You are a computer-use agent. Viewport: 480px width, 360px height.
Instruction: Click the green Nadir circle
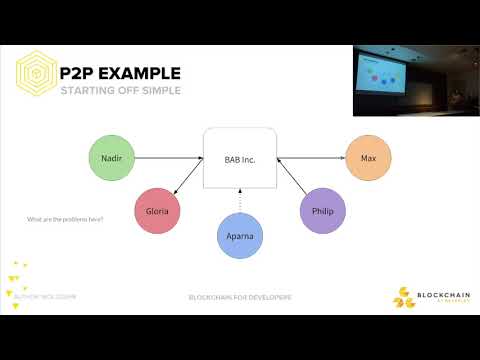click(112, 158)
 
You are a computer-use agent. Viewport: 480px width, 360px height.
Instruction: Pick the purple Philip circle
click(322, 213)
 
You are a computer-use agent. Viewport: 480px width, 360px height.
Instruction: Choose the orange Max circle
click(367, 158)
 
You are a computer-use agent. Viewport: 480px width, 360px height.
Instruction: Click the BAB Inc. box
click(240, 158)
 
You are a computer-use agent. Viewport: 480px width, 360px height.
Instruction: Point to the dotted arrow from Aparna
click(241, 201)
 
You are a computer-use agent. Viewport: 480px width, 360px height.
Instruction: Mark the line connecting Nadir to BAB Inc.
click(168, 157)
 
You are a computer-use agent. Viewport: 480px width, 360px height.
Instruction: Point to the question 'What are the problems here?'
click(65, 219)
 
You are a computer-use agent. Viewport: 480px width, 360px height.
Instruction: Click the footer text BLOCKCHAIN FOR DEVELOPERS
click(241, 297)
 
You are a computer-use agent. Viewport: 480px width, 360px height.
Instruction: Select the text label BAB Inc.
click(240, 158)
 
